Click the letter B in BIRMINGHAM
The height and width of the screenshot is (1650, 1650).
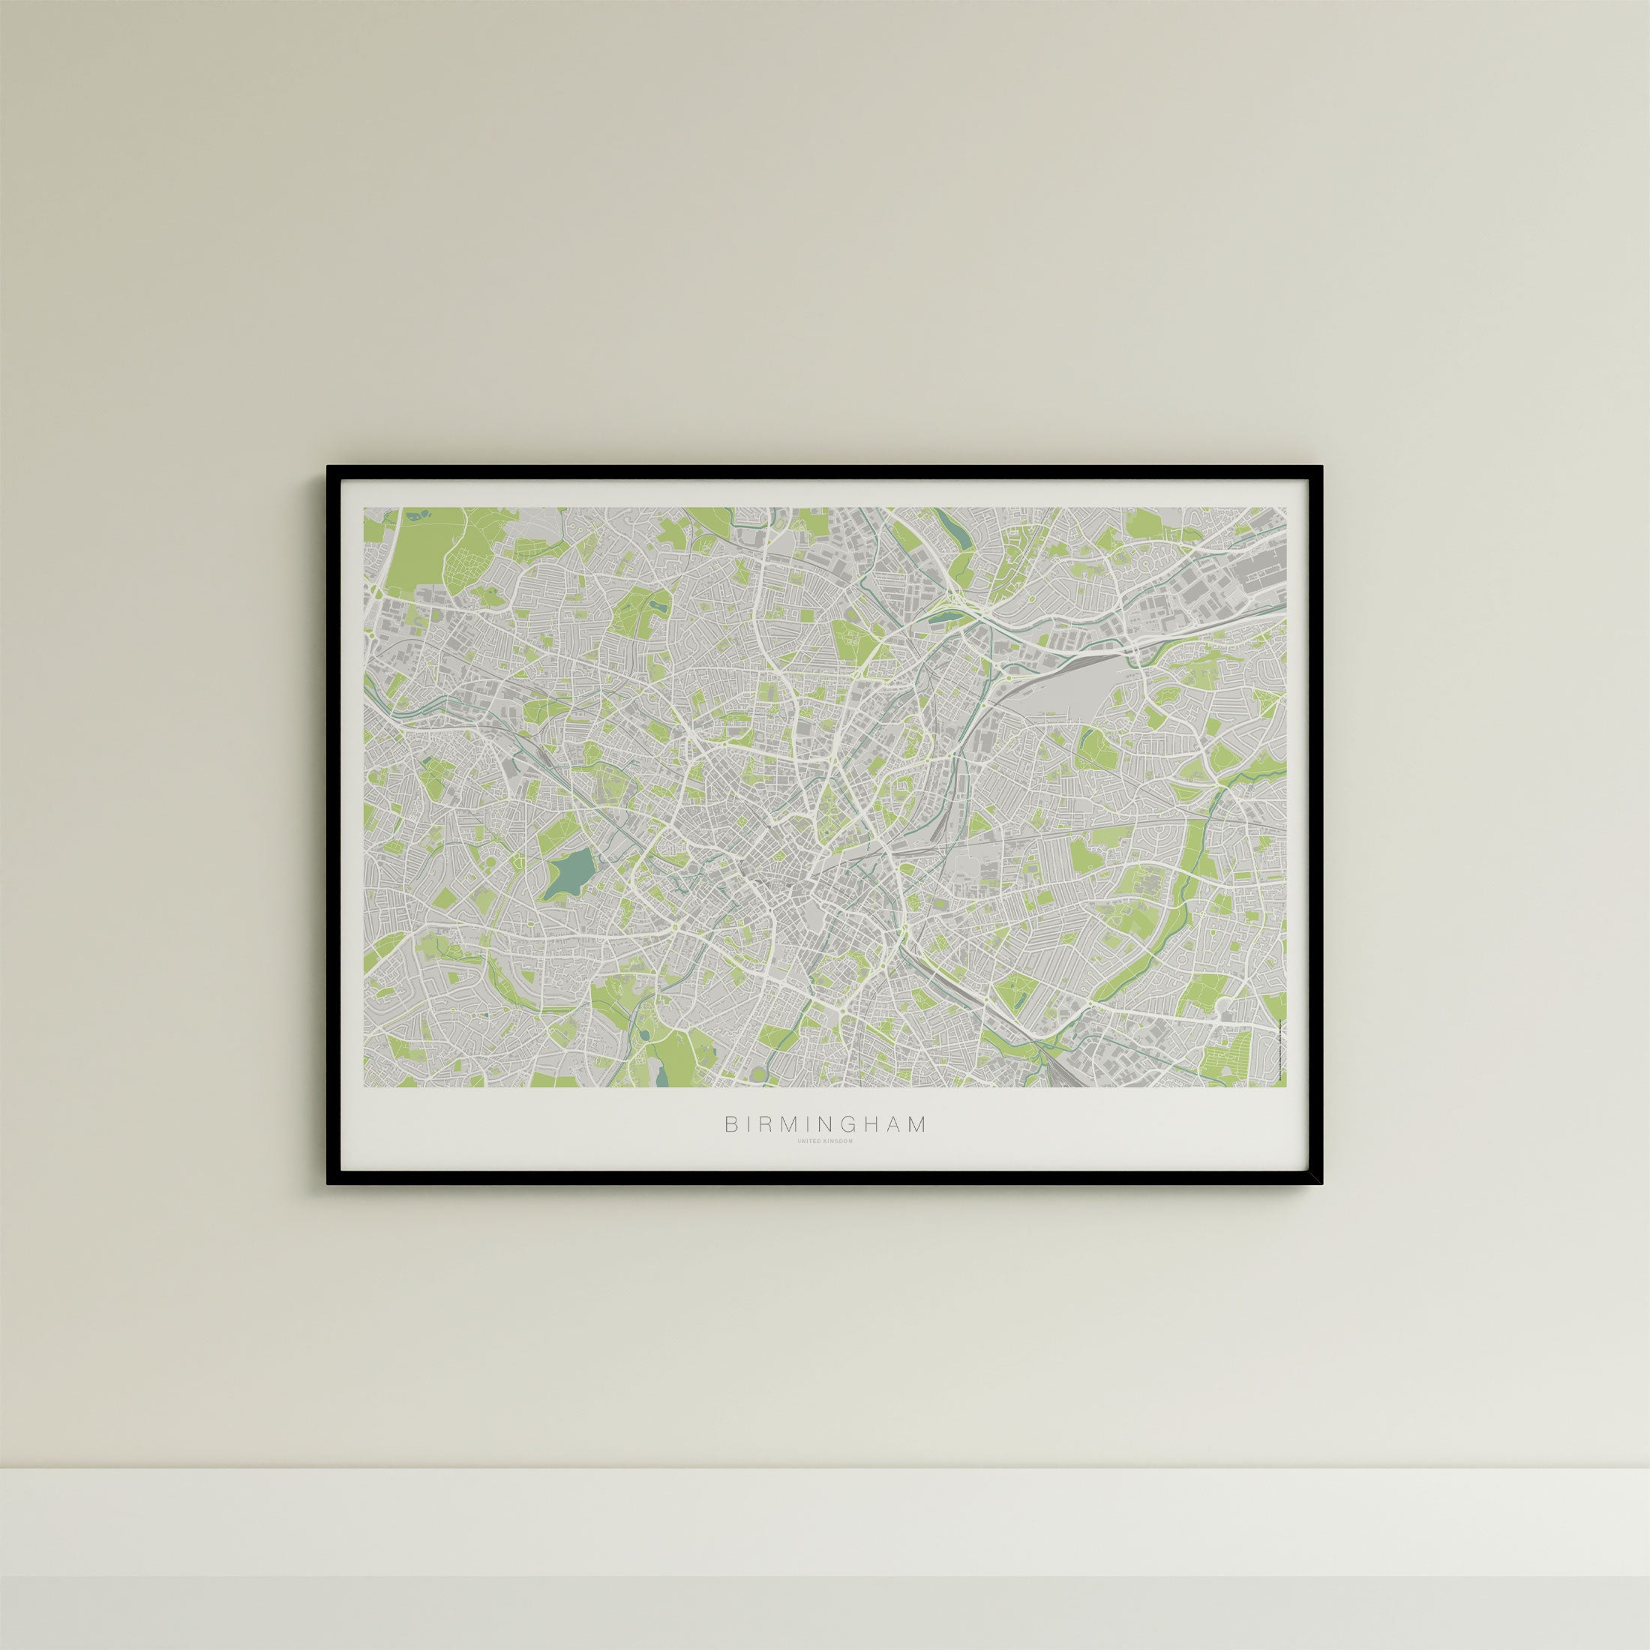point(731,1125)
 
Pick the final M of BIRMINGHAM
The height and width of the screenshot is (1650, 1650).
point(918,1125)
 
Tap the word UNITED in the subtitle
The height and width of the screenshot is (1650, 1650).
point(808,1141)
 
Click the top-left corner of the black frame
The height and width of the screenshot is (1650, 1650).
point(328,468)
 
